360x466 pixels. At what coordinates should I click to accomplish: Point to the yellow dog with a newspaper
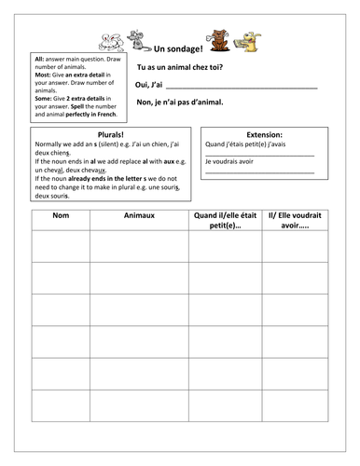click(249, 39)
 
